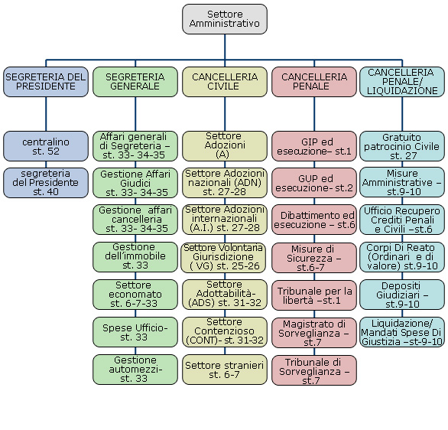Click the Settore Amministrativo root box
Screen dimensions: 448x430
[225, 19]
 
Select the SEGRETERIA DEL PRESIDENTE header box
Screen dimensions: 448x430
[46, 82]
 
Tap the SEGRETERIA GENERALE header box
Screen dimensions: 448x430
[135, 82]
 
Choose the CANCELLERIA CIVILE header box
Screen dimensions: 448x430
[225, 82]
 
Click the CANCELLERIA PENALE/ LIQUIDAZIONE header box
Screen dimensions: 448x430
[402, 82]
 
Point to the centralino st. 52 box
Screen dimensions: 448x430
[46, 146]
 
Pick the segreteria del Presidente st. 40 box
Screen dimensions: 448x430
[46, 183]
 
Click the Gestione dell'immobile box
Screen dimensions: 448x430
[135, 257]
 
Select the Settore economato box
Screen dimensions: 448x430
[135, 295]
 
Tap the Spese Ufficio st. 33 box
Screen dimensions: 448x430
[135, 332]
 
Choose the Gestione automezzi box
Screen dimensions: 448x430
[135, 370]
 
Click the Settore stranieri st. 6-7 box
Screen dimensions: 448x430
[225, 370]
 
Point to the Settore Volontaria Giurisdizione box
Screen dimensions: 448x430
[223, 258]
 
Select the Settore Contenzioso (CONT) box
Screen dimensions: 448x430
[225, 332]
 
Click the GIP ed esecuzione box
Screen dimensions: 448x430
[314, 146]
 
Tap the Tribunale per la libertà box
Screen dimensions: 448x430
[314, 295]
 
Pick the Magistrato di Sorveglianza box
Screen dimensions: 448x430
[314, 333]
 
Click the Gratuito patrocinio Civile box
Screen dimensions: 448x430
[402, 146]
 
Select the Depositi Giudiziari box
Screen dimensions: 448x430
[402, 295]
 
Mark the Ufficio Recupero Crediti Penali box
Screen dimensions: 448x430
[402, 220]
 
